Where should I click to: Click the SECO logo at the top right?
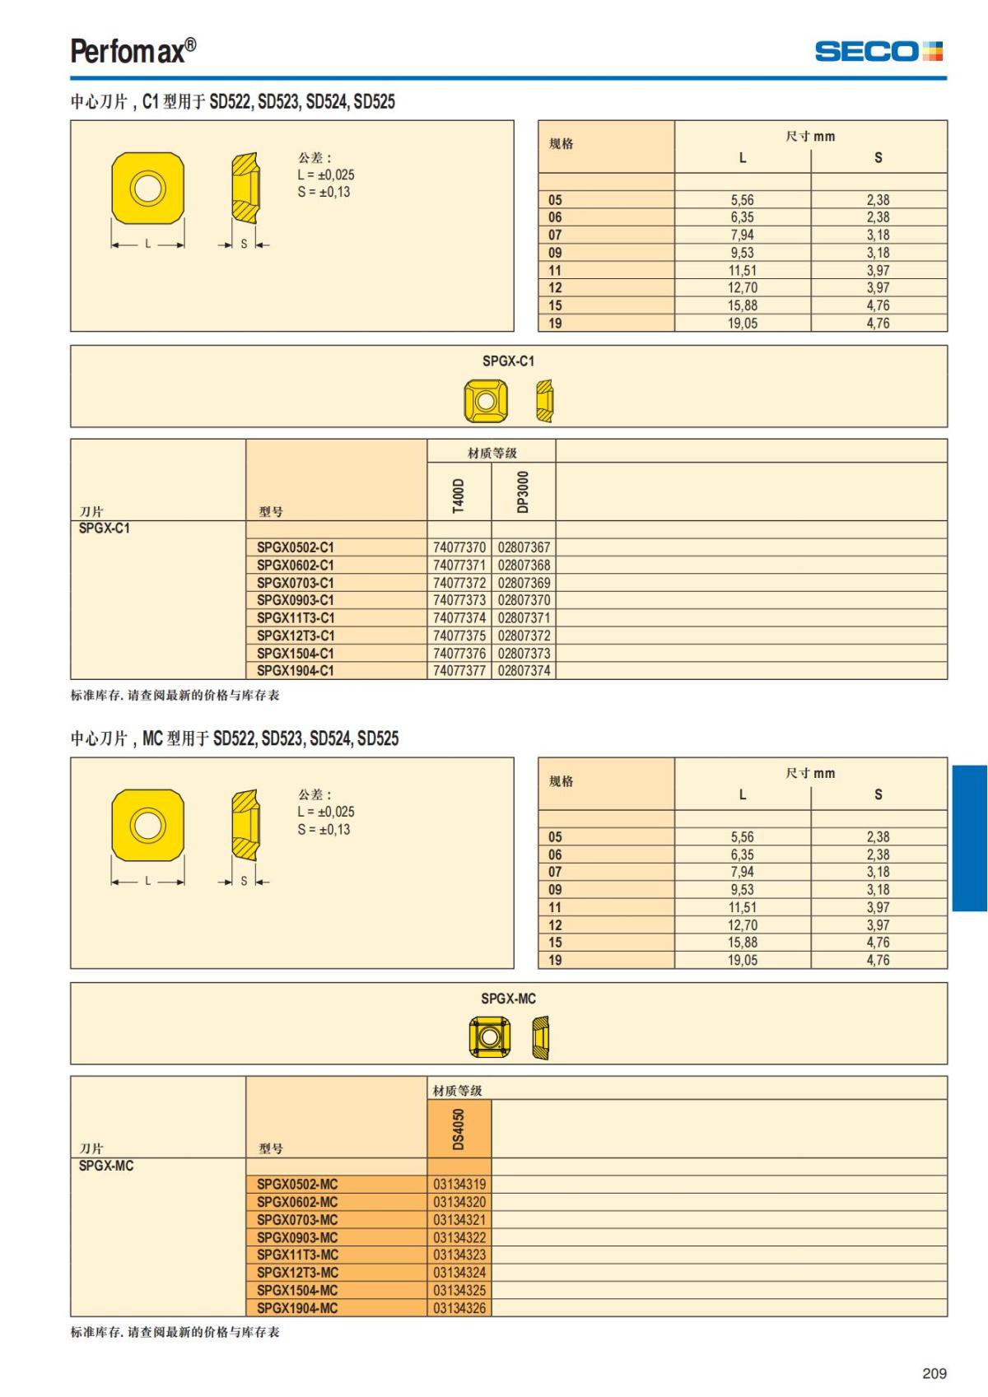click(878, 51)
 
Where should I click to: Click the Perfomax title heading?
click(133, 51)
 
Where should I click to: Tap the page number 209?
click(934, 1373)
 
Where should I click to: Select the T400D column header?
click(459, 495)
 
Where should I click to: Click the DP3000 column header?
click(523, 491)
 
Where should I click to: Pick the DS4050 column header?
click(459, 1129)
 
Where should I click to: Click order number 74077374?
click(459, 617)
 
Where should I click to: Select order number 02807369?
click(524, 583)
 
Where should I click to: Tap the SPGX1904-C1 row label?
click(296, 670)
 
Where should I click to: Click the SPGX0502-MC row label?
click(297, 1184)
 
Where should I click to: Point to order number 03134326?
click(459, 1307)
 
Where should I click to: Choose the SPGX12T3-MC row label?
click(297, 1272)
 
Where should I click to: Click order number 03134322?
click(459, 1237)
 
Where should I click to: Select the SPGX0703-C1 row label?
click(296, 583)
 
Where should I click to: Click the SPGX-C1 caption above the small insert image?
click(508, 361)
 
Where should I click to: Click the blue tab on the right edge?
click(969, 838)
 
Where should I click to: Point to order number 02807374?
click(524, 670)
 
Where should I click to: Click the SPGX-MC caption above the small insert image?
click(508, 999)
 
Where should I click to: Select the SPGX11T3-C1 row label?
click(296, 617)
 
